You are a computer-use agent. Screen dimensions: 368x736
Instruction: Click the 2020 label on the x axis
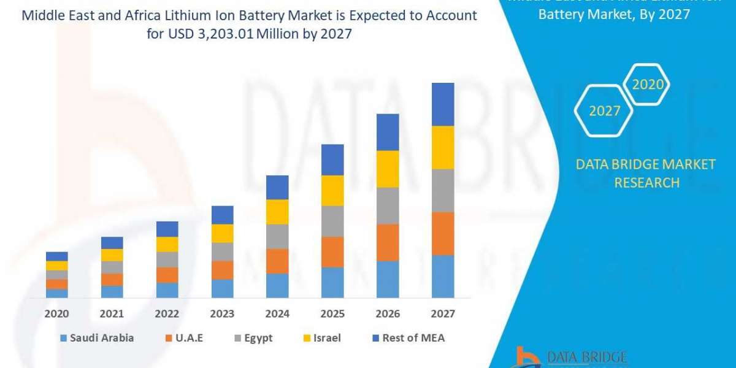pos(56,313)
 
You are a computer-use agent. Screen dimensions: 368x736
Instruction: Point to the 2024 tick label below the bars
pos(277,313)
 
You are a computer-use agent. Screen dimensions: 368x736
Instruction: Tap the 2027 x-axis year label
pos(443,313)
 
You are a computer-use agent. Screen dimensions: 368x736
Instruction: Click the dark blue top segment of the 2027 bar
pos(443,104)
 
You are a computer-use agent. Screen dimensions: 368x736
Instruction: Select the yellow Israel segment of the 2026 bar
pos(388,169)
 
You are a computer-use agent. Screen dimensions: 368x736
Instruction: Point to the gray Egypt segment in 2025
pos(332,221)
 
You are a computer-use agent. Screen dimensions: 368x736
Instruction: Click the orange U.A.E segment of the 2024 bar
pos(277,261)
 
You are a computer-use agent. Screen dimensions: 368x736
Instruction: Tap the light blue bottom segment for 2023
pos(222,288)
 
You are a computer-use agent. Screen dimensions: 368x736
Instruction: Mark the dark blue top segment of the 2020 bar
pos(56,256)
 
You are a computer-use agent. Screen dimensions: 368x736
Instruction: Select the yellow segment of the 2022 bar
pos(167,244)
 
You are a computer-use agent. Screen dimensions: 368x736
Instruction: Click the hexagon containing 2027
pos(604,111)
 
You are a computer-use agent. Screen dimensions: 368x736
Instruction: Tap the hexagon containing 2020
pos(648,85)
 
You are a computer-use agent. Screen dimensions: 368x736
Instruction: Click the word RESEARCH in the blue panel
pos(646,182)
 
